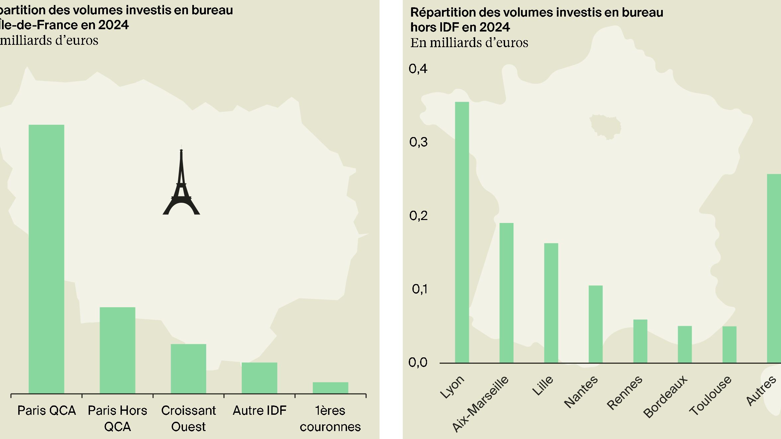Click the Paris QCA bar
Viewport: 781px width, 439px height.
[x=46, y=259]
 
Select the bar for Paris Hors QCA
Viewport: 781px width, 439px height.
[x=118, y=350]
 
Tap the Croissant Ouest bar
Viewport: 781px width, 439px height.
[x=188, y=369]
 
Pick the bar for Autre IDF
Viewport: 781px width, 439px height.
[x=259, y=378]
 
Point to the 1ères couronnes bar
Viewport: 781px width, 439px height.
[x=330, y=388]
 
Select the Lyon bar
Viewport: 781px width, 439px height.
[x=462, y=232]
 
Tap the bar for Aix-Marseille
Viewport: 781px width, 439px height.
[x=506, y=293]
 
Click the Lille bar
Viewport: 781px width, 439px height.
[x=551, y=303]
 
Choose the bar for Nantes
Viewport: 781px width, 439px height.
[x=595, y=324]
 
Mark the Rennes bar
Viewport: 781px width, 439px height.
[x=640, y=341]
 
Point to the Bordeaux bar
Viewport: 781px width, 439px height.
[x=685, y=344]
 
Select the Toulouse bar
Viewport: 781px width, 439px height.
[x=729, y=344]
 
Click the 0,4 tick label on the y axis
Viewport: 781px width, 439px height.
[x=418, y=69]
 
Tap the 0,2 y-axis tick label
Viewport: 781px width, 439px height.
[x=418, y=216]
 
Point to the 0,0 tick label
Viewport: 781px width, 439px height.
[x=418, y=362]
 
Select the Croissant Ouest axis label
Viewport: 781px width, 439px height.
[x=188, y=418]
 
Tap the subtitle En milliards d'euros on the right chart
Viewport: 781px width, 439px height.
[x=469, y=43]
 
